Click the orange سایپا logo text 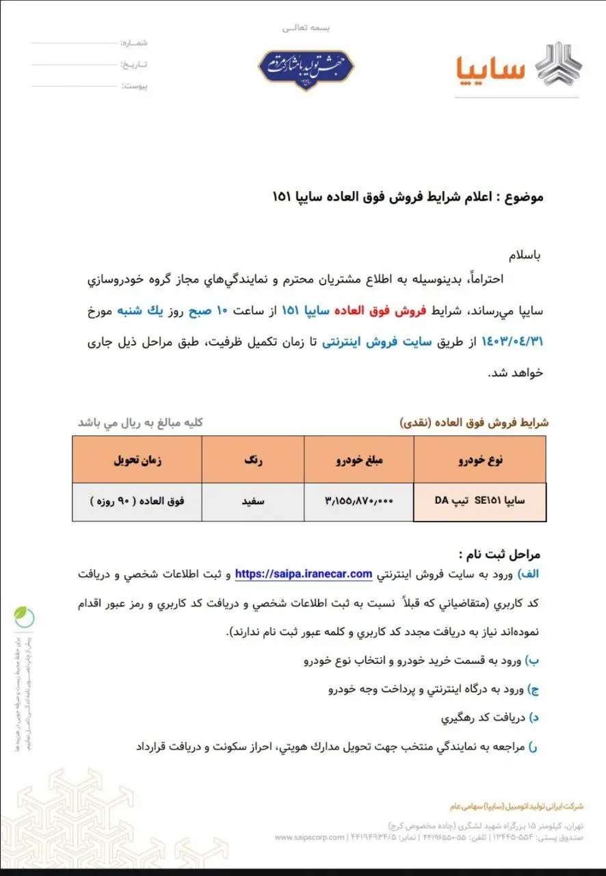coord(490,68)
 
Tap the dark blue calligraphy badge coord(306,70)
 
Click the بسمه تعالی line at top coord(306,28)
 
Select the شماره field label coord(134,42)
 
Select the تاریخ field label coord(134,64)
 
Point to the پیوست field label coord(134,86)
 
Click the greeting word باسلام coord(523,256)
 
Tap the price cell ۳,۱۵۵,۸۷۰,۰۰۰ coord(358,500)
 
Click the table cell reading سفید coord(252,500)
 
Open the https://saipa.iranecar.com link coord(304,574)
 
